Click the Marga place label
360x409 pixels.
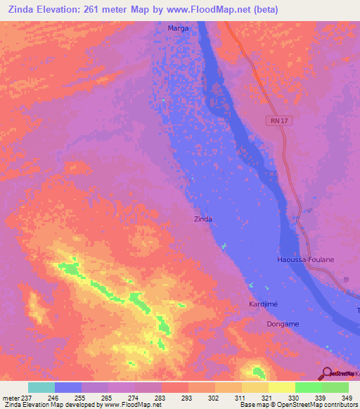click(178, 29)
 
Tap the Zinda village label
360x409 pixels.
click(202, 219)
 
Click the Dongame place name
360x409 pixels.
click(283, 323)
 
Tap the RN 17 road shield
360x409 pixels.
click(278, 121)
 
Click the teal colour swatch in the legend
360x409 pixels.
click(41, 387)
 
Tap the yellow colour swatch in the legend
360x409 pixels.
click(282, 387)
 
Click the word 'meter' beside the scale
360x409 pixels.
click(11, 397)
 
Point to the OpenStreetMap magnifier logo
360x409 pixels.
click(326, 375)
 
